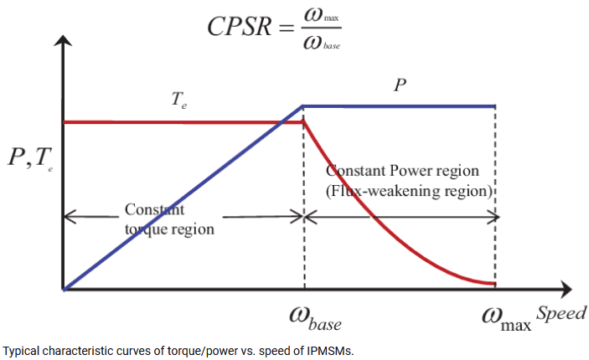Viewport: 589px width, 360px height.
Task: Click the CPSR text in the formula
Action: coord(240,27)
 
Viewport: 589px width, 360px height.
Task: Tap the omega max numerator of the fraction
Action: coord(321,15)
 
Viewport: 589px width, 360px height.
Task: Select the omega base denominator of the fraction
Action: coord(322,44)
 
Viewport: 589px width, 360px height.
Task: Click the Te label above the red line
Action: coord(178,100)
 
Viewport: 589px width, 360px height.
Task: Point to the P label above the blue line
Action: coord(400,85)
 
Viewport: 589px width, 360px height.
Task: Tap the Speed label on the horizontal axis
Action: coord(561,313)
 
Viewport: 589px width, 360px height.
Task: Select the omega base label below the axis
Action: coord(315,319)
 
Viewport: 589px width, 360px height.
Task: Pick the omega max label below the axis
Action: coord(506,320)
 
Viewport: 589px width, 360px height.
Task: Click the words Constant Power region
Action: coord(402,171)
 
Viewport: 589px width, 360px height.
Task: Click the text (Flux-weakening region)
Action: coord(409,191)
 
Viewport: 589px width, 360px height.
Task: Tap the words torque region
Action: coord(169,229)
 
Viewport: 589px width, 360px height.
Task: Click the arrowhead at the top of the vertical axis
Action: coord(63,40)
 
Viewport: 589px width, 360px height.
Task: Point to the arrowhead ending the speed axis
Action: coord(566,290)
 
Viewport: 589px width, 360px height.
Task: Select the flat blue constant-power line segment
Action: coord(399,106)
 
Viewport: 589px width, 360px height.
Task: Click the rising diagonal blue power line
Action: coord(183,198)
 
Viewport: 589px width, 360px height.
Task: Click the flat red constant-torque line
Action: coord(183,122)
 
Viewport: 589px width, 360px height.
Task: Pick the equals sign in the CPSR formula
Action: coord(287,28)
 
